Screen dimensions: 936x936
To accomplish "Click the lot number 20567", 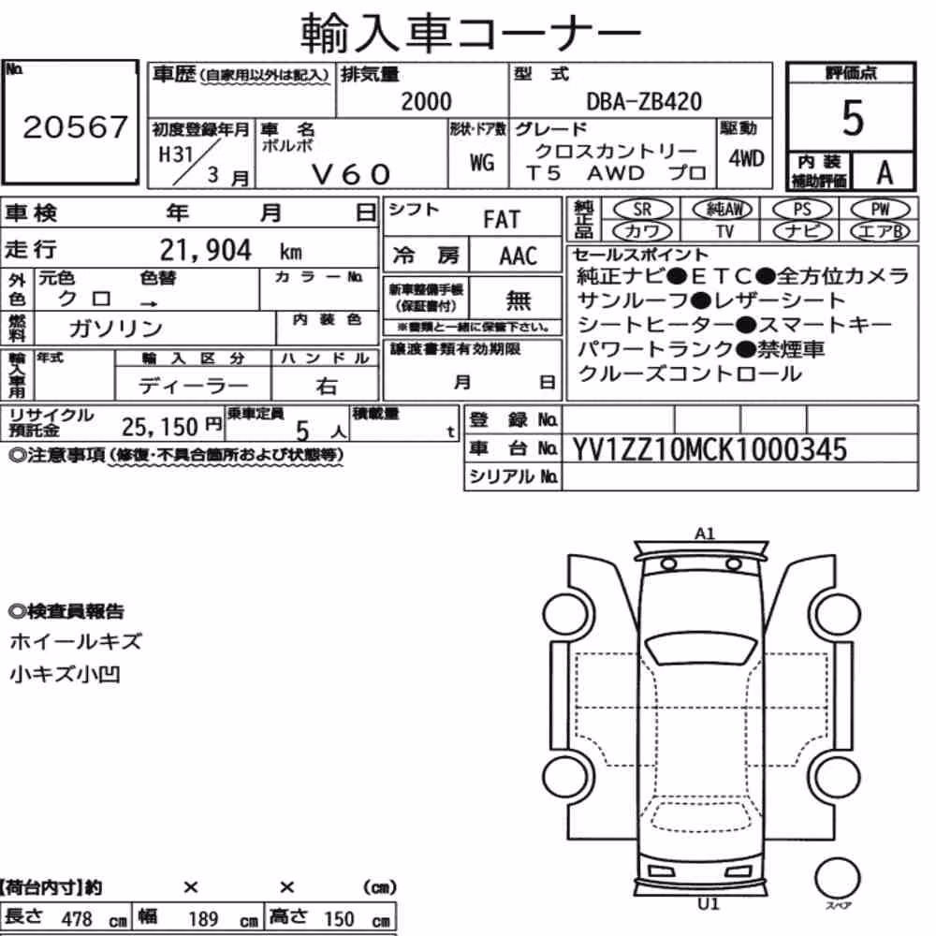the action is click(75, 126).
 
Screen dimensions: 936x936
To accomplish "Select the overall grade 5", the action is click(853, 118).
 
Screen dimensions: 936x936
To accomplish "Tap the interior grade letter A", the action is click(885, 172).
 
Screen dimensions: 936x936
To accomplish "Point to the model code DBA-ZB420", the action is click(644, 101).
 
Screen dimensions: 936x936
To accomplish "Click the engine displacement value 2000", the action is click(426, 101).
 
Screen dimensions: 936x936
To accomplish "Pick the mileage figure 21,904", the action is click(205, 250).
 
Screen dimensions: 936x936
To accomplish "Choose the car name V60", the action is click(351, 174).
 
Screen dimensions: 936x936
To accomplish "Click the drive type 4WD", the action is click(746, 158).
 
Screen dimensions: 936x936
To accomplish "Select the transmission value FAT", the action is click(502, 220).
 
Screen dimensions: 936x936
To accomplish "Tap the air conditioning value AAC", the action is click(519, 256).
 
